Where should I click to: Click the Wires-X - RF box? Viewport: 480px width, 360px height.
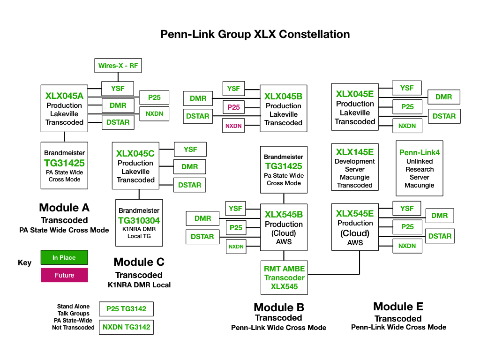[x=118, y=66]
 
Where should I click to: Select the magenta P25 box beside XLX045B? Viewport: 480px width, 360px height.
[x=233, y=107]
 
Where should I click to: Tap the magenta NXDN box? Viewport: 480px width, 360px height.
[x=233, y=126]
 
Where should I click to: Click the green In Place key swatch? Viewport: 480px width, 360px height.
[x=64, y=257]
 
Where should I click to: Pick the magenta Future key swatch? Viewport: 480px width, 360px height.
[x=64, y=275]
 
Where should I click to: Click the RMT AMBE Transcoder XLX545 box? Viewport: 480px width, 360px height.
[x=284, y=277]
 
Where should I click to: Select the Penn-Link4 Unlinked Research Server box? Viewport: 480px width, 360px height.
[x=419, y=168]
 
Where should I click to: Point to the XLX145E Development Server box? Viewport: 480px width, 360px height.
[x=355, y=168]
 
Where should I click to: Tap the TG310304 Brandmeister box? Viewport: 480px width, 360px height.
[x=139, y=223]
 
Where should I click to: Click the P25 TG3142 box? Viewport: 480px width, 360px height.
[x=126, y=309]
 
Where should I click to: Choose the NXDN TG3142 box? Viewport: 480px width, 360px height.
[x=126, y=327]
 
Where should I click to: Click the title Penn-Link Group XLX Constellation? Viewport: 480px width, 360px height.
[x=255, y=34]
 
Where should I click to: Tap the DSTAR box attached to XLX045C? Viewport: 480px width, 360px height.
[x=189, y=185]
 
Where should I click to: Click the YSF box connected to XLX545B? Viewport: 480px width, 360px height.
[x=236, y=209]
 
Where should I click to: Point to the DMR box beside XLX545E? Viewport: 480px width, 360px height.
[x=439, y=216]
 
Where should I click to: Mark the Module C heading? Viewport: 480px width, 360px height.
[x=139, y=262]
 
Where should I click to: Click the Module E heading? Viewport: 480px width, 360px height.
[x=398, y=307]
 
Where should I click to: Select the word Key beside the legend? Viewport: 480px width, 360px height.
[x=24, y=262]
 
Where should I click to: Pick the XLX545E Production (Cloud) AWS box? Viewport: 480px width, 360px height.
[x=355, y=227]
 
